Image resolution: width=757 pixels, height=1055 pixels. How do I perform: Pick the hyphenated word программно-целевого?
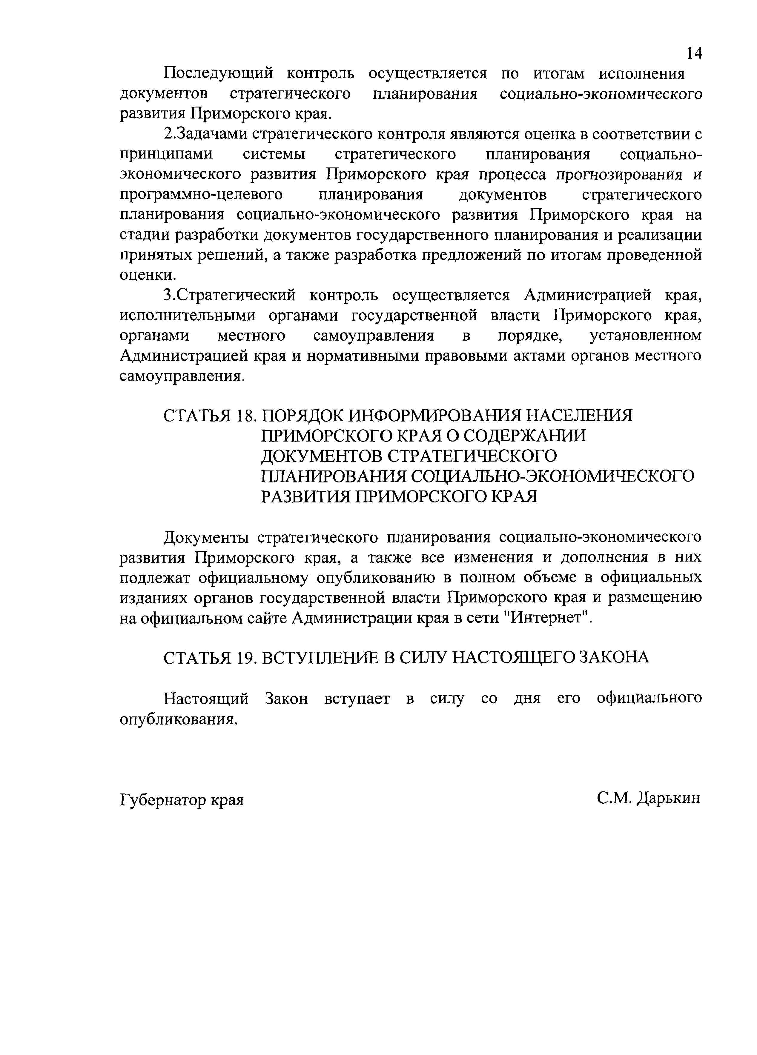201,194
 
